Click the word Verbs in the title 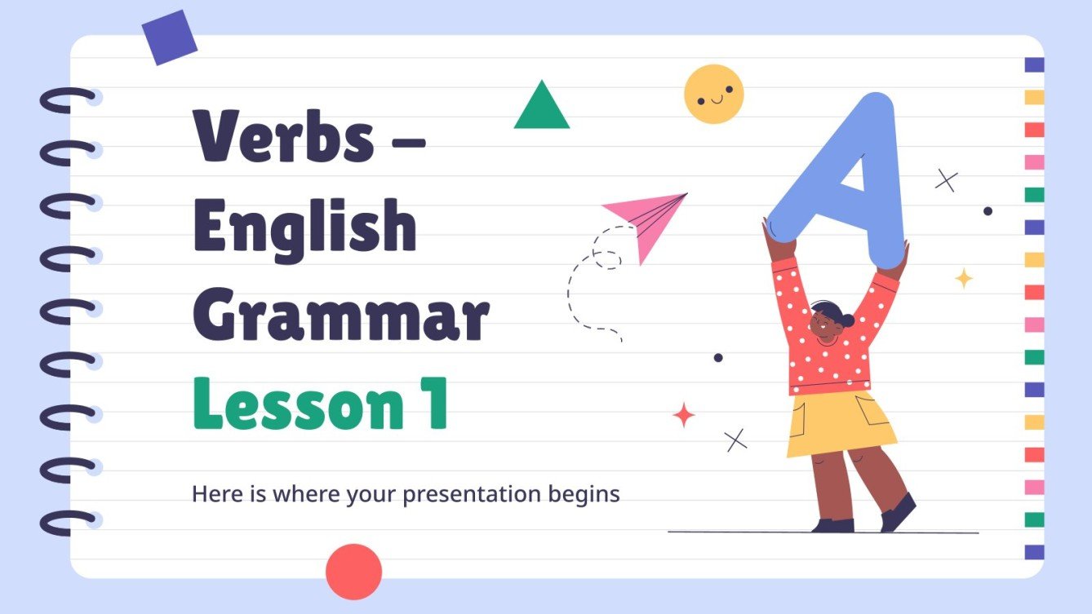click(283, 135)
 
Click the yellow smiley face click(714, 94)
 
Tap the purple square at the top click(170, 38)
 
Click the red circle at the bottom click(353, 571)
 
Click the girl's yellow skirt click(839, 424)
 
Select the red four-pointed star click(684, 415)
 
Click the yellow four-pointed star click(964, 278)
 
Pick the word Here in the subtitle click(210, 494)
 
